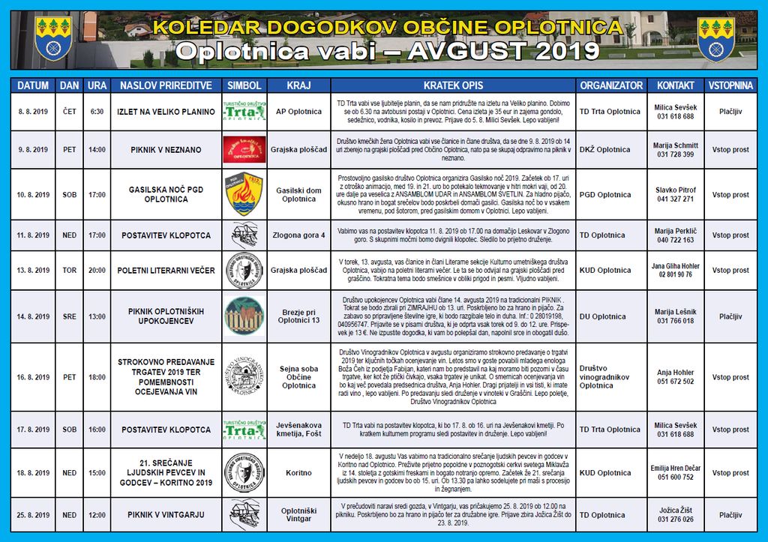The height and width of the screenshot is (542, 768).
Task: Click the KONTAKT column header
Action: pyautogui.click(x=675, y=85)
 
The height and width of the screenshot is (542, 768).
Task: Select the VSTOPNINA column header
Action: pyautogui.click(x=730, y=85)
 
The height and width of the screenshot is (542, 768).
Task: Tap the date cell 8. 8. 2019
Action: pyautogui.click(x=34, y=112)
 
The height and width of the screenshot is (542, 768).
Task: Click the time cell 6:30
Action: pyautogui.click(x=97, y=112)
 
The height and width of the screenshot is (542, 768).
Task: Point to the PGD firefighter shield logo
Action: pyautogui.click(x=244, y=194)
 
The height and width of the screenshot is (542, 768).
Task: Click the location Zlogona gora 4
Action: pyautogui.click(x=298, y=235)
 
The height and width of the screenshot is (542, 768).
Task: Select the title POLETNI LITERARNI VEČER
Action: pyautogui.click(x=166, y=271)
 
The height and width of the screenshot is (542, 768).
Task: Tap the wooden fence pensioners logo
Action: pyautogui.click(x=244, y=316)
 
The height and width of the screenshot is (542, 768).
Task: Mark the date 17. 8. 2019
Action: pyautogui.click(x=34, y=430)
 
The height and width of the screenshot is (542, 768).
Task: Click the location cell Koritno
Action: pyautogui.click(x=298, y=473)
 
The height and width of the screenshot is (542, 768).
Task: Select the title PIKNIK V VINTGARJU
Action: pyautogui.click(x=166, y=515)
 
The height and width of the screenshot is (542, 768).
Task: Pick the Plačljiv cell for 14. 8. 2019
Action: pyautogui.click(x=730, y=316)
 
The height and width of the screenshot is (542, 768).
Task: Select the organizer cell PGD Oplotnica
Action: pyautogui.click(x=606, y=195)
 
